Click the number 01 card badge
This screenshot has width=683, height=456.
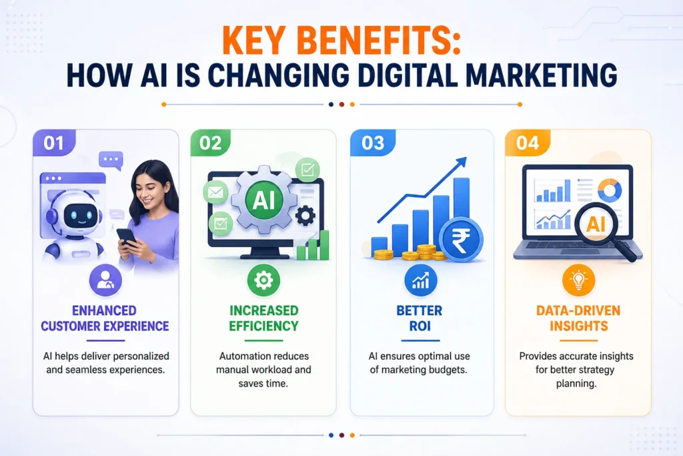click(54, 143)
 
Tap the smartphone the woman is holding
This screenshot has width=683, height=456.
click(127, 236)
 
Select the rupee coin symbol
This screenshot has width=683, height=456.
click(462, 237)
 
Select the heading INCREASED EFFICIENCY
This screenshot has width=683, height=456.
click(263, 318)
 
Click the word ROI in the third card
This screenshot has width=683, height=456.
click(420, 326)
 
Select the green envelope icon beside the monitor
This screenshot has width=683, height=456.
click(215, 192)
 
